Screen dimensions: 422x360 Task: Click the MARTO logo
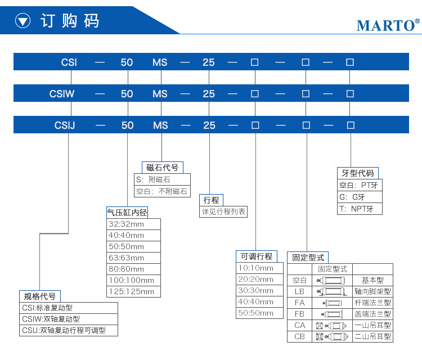click(x=388, y=25)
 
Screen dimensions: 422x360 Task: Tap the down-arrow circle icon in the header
click(x=23, y=21)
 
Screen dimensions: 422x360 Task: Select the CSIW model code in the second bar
click(x=62, y=93)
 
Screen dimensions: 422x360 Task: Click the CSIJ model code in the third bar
click(x=65, y=125)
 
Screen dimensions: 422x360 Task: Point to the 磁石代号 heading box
click(x=162, y=168)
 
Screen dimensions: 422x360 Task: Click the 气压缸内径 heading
click(x=127, y=212)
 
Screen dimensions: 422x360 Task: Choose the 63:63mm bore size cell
click(x=133, y=258)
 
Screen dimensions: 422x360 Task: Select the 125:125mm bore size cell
click(x=133, y=292)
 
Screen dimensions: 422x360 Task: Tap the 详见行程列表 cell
click(x=223, y=211)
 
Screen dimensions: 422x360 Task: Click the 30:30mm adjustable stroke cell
click(x=259, y=291)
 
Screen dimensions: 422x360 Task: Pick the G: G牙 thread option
click(x=360, y=197)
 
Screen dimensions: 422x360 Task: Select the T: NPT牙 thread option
click(x=360, y=209)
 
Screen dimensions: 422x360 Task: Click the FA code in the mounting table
click(x=299, y=303)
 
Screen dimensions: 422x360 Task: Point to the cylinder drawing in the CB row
click(x=332, y=336)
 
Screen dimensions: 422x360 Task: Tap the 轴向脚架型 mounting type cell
click(x=372, y=291)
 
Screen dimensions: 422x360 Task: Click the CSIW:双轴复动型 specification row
click(x=68, y=319)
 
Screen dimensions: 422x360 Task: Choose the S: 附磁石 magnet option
click(x=162, y=179)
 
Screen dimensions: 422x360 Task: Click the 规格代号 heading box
click(x=40, y=296)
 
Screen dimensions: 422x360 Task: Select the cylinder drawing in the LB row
click(x=331, y=291)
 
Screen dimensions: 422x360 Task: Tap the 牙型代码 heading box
click(x=358, y=173)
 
